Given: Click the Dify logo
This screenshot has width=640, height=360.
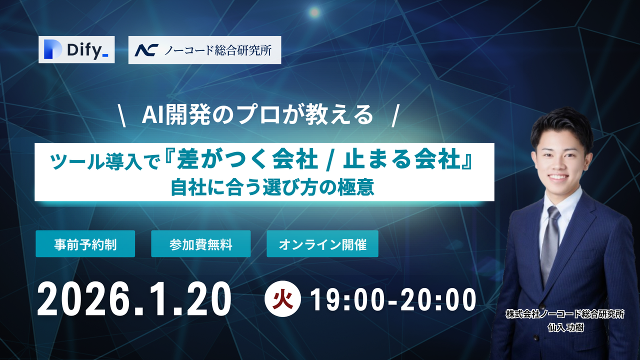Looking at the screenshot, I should click(76, 49).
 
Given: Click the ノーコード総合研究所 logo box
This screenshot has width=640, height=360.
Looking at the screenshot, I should click(204, 50).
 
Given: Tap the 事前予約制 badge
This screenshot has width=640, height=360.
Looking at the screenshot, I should click(85, 244).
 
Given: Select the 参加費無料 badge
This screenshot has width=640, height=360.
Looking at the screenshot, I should click(200, 244).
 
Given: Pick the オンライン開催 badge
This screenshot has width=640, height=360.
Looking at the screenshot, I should click(322, 244).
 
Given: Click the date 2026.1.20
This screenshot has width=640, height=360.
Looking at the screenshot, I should click(134, 299).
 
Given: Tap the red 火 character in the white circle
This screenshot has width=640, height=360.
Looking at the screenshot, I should click(282, 299).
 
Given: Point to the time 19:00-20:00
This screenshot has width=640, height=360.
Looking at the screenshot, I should click(393, 299).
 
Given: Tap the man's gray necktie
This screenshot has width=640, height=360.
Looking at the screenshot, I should click(551, 240).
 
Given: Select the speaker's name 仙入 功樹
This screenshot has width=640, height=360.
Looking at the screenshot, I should click(565, 326).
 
